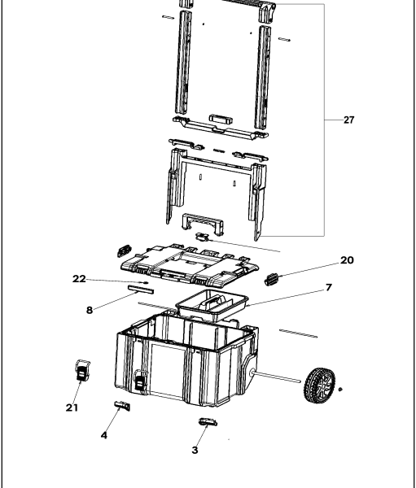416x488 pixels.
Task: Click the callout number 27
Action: pos(348,120)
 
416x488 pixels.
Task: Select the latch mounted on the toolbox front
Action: pos(141,379)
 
